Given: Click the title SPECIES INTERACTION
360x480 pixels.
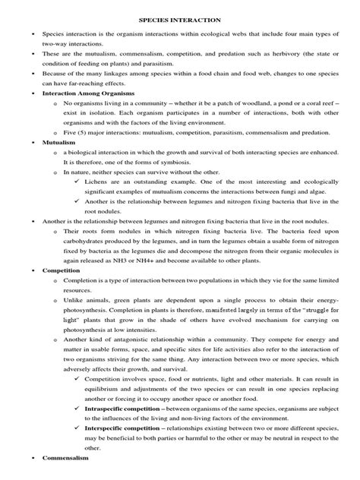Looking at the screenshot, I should pyautogui.click(x=179, y=22).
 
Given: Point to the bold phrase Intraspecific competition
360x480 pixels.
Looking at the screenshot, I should pyautogui.click(x=128, y=408).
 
